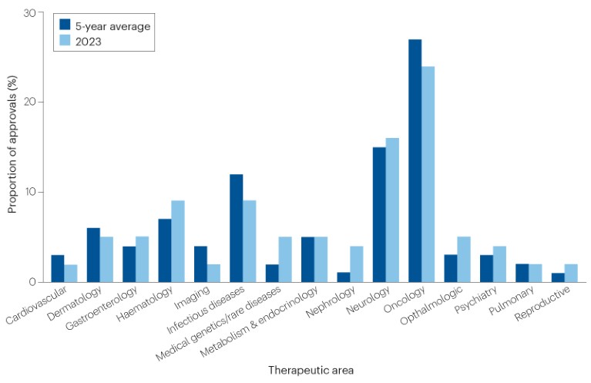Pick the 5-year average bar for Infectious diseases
(236, 228)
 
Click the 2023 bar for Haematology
(178, 241)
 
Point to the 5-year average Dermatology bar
(93, 255)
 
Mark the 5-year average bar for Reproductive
(558, 277)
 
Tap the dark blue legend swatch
(65, 25)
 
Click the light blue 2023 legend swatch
(65, 41)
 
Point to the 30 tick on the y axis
(29, 13)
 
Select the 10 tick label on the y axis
(29, 192)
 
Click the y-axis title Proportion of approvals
(12, 146)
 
